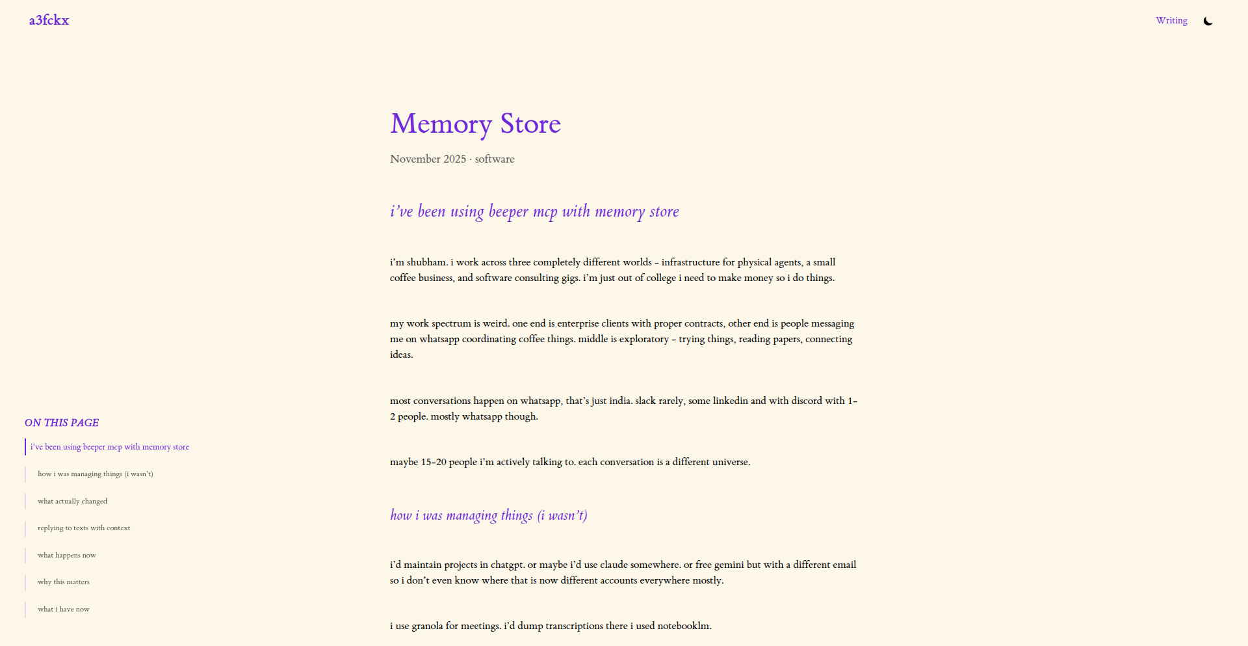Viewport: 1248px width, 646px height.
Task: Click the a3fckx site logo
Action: (49, 20)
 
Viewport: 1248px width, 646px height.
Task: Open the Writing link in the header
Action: (1171, 20)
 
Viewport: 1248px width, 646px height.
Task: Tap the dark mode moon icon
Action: (1208, 21)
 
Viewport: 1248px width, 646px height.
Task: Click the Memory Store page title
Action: (475, 124)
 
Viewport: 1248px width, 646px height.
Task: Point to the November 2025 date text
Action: (428, 159)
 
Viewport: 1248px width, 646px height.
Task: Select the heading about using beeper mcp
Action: (534, 211)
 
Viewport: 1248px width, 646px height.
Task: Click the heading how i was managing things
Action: (488, 515)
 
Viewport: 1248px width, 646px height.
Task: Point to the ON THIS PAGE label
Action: (62, 423)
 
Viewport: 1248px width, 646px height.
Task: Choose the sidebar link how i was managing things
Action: (96, 474)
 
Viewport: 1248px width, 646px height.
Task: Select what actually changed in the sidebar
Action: (72, 502)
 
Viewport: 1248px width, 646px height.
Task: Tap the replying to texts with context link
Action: (84, 528)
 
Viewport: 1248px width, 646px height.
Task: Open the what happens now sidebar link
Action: (66, 556)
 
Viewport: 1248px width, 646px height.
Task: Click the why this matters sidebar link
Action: (64, 582)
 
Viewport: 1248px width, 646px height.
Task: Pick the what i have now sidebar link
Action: (64, 610)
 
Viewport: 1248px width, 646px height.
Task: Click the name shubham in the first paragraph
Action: (426, 262)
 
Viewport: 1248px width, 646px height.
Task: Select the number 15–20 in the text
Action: (434, 462)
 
